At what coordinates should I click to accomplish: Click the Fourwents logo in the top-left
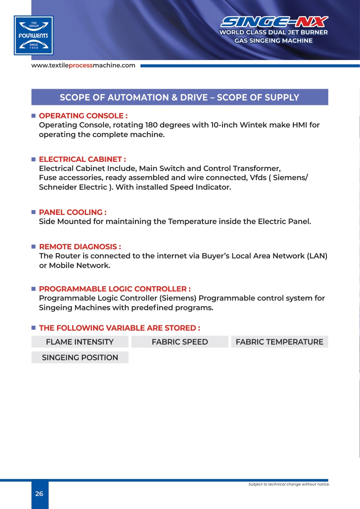(x=34, y=35)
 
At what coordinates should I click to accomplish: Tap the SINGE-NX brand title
(x=274, y=22)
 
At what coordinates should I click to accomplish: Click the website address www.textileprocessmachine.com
(x=83, y=66)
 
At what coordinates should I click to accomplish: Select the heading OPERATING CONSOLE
(x=83, y=116)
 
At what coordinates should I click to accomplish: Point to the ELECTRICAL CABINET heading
(x=82, y=159)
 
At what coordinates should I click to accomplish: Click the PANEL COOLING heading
(x=73, y=212)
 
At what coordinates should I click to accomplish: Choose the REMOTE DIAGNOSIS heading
(x=80, y=247)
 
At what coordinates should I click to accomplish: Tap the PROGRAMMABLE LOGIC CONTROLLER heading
(x=114, y=289)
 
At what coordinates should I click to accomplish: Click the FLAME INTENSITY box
(x=80, y=342)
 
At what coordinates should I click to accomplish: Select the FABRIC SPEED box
(x=180, y=342)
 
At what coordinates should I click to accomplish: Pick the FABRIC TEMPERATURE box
(x=279, y=342)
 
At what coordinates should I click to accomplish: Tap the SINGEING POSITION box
(x=80, y=358)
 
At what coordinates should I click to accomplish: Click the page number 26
(x=39, y=494)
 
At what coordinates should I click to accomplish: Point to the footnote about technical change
(x=289, y=484)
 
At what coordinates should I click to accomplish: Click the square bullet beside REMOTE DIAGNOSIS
(x=33, y=247)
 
